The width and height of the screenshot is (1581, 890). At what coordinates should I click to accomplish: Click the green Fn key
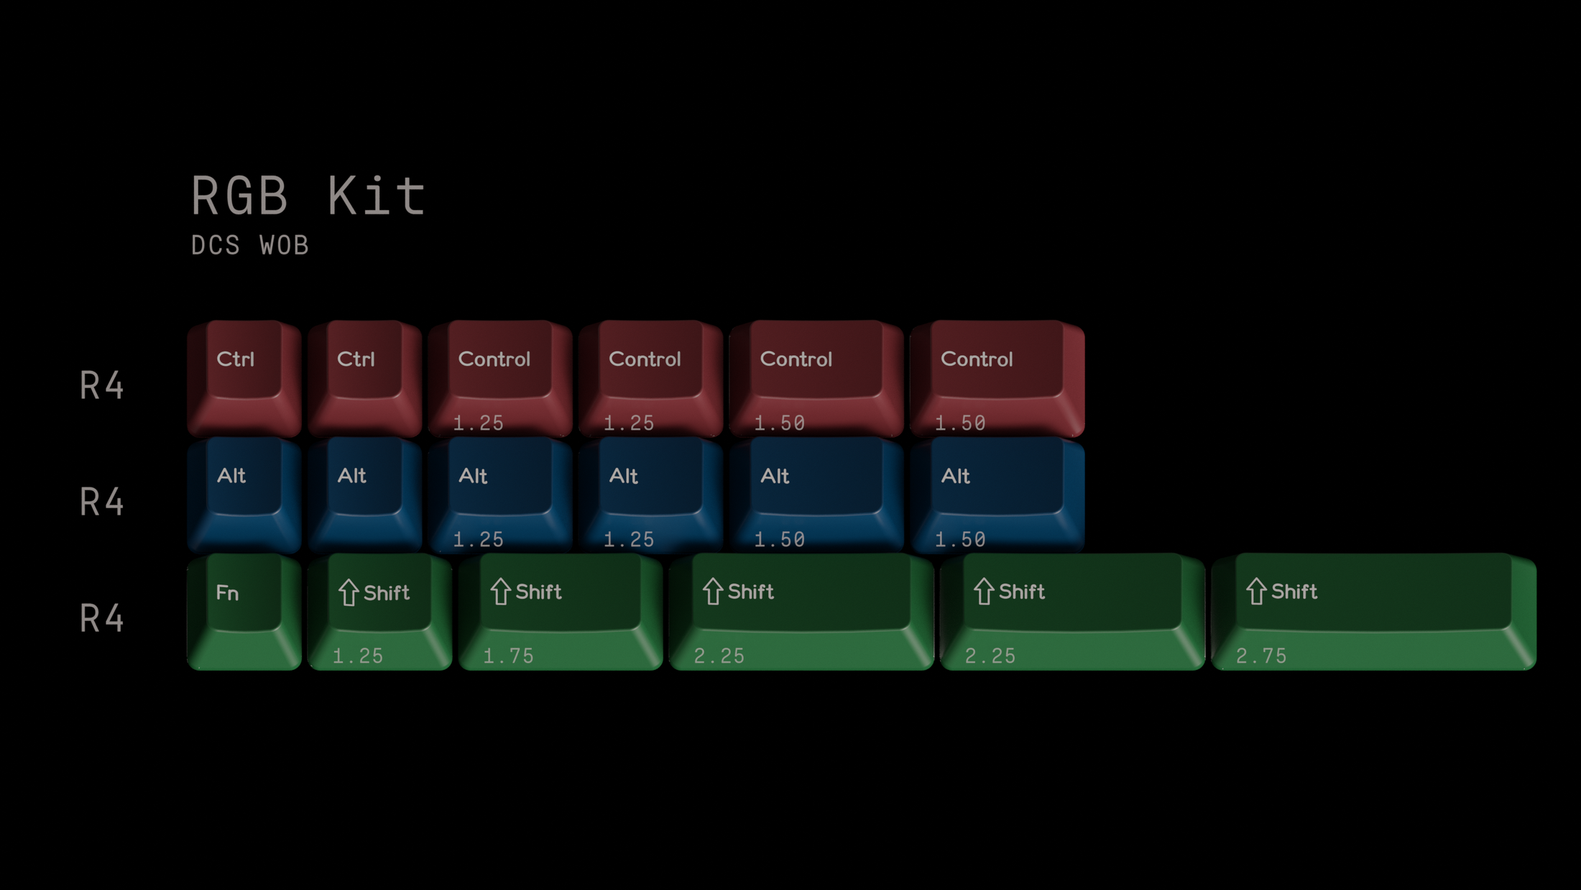tap(244, 611)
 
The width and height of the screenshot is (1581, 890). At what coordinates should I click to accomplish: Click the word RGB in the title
tap(239, 196)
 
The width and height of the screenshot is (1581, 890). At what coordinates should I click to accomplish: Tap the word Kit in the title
tap(377, 196)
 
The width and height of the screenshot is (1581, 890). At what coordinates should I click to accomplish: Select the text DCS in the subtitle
tap(216, 246)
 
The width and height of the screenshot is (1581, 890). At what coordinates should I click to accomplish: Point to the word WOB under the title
tap(285, 246)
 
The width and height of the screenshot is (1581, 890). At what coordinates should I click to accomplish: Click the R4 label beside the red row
tap(102, 385)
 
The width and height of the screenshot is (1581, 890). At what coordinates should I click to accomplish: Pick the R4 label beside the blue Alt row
tap(102, 502)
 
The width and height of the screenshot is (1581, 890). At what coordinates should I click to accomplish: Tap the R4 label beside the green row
tap(102, 618)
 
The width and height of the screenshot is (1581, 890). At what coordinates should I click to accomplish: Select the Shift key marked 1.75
tap(561, 611)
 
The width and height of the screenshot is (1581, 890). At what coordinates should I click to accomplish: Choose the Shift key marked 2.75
tap(1373, 611)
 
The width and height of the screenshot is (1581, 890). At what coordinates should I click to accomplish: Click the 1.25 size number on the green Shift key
tap(358, 656)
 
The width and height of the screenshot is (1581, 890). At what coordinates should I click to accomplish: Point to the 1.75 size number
tap(509, 656)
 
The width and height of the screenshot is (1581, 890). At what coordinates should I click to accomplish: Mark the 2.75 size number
tap(1261, 656)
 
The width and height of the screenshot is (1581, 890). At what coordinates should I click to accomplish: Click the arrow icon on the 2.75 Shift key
tap(1256, 592)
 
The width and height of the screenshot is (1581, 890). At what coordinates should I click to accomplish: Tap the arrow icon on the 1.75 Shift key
tap(501, 592)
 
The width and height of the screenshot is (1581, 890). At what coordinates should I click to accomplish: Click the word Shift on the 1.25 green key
tap(387, 593)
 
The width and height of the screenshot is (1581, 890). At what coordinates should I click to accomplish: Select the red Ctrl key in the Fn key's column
tap(244, 378)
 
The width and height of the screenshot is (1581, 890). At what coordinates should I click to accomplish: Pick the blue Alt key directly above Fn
tap(244, 495)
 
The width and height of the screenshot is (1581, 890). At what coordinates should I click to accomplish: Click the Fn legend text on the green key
tap(227, 593)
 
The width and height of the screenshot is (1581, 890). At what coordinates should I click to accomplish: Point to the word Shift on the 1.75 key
tap(539, 592)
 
